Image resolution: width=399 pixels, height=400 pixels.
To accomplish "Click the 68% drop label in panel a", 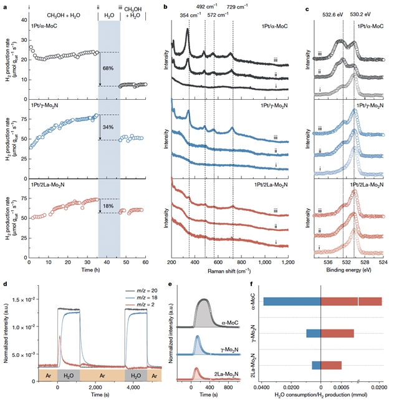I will tap(107, 69).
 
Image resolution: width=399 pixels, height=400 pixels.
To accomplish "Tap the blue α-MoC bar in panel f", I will tap(291, 301).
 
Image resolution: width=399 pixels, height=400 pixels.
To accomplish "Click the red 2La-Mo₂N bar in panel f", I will tap(331, 365).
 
